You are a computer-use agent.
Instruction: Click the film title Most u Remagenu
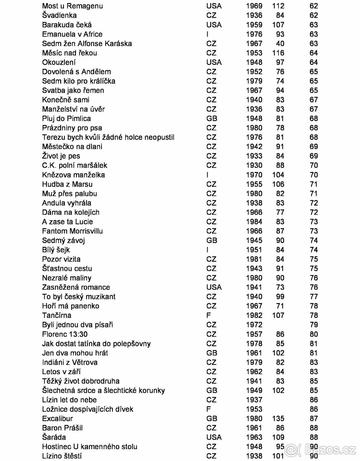73,6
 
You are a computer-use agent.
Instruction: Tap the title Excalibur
58,418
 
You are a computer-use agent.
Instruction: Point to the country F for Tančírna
209,315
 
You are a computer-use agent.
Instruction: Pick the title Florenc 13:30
65,334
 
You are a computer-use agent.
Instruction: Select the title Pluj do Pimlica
66,119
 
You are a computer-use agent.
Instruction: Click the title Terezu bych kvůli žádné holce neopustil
108,137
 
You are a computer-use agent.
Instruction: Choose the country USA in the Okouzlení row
214,62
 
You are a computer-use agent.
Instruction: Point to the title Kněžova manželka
74,175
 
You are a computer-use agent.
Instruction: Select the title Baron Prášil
63,428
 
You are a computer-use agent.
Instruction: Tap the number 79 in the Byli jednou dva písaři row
314,325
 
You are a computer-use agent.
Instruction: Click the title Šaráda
54,437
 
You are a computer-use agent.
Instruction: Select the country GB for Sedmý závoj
212,240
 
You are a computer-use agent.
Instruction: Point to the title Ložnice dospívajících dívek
88,409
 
